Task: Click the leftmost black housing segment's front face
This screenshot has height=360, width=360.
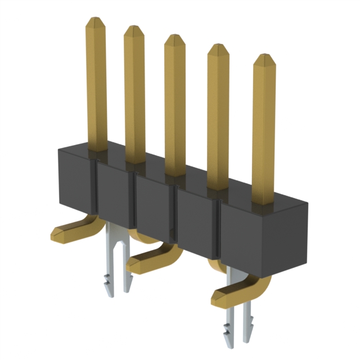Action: tap(75, 180)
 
